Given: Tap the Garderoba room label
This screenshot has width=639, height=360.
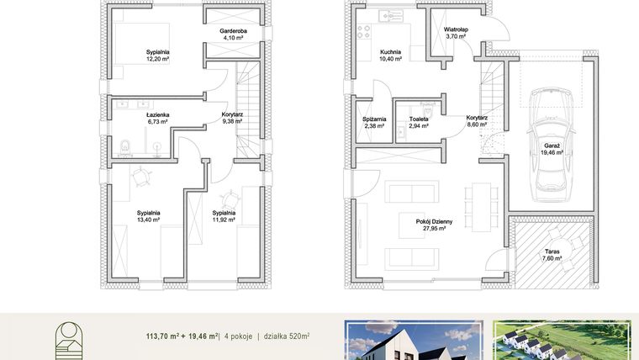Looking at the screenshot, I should click(x=232, y=31).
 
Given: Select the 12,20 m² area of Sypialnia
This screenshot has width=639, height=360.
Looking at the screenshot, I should click(x=158, y=60).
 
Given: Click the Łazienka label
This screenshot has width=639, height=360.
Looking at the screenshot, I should click(x=157, y=114).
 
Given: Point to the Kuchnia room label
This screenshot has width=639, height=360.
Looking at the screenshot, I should click(x=390, y=52).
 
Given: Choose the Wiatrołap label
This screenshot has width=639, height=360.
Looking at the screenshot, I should click(x=457, y=29).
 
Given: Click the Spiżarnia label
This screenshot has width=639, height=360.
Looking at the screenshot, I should click(x=373, y=119).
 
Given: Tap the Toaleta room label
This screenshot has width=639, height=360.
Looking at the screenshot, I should click(x=418, y=119).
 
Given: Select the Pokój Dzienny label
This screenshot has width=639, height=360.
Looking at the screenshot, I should click(x=434, y=220).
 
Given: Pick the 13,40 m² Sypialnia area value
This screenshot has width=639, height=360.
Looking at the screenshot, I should click(x=148, y=220).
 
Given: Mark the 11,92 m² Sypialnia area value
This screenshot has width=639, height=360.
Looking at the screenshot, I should click(x=224, y=220).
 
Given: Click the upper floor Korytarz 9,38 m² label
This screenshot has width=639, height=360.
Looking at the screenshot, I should click(x=232, y=121).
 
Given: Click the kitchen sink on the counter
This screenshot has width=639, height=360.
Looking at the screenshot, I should click(x=389, y=13).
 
